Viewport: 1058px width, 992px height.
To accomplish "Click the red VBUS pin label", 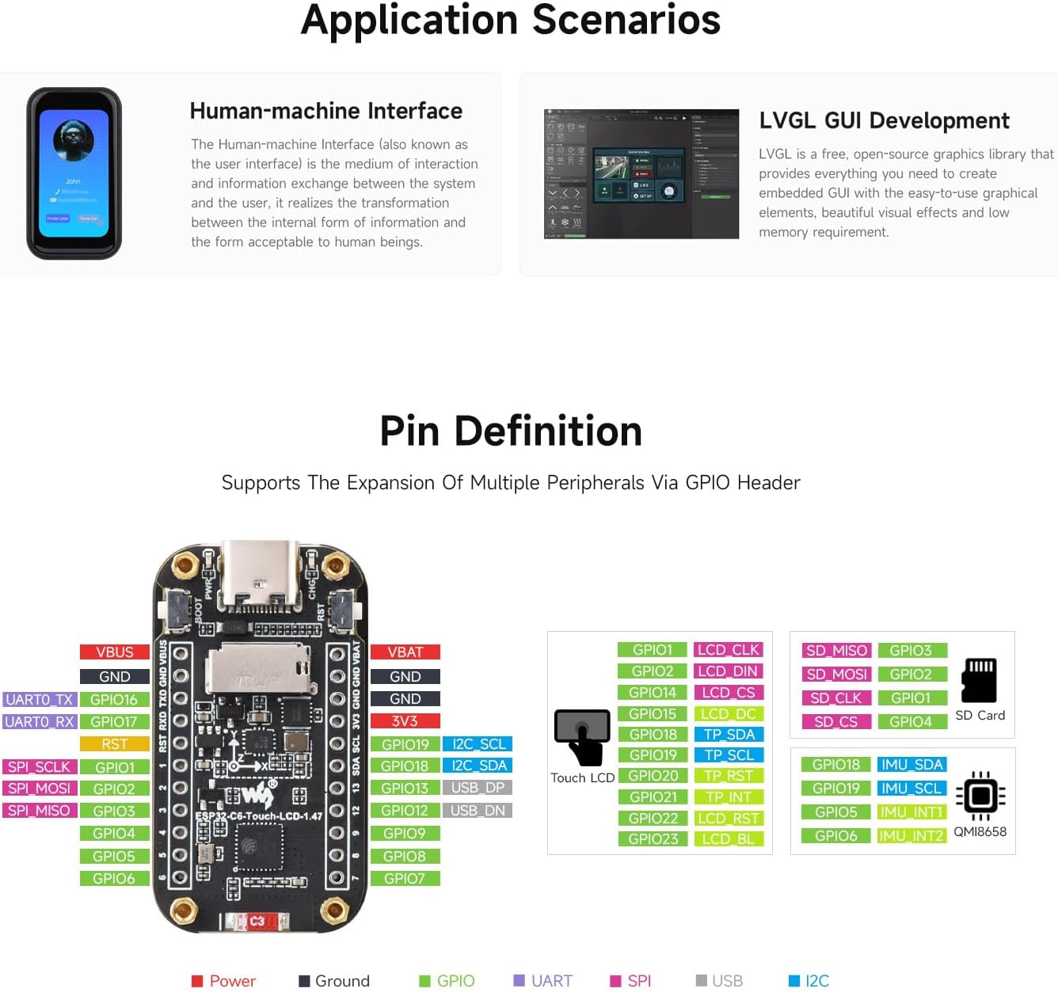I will point(115,652).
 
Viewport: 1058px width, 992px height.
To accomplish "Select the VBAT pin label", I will point(405,652).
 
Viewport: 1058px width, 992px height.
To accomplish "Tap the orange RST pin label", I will point(115,744).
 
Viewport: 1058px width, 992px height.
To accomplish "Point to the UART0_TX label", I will point(40,700).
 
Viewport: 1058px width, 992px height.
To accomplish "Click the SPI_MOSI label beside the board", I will point(40,789).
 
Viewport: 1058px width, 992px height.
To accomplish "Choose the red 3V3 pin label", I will point(405,721).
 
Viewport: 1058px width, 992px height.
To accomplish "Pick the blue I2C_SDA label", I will point(478,766).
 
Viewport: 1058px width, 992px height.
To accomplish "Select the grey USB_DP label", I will point(478,788).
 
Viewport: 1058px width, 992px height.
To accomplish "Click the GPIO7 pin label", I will point(405,879).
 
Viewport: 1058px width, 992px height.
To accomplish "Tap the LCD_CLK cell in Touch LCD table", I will point(728,650).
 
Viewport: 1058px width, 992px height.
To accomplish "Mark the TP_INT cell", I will point(728,797).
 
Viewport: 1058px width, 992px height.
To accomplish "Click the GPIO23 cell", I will point(653,839).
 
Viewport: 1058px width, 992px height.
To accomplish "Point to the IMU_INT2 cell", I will point(911,836).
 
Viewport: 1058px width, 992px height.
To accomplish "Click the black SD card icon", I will point(979,680).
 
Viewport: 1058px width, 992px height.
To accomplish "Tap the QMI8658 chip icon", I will point(980,796).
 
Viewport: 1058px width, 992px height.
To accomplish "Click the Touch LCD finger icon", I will point(583,737).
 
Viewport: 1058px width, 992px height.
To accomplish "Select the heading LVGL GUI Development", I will point(884,120).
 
